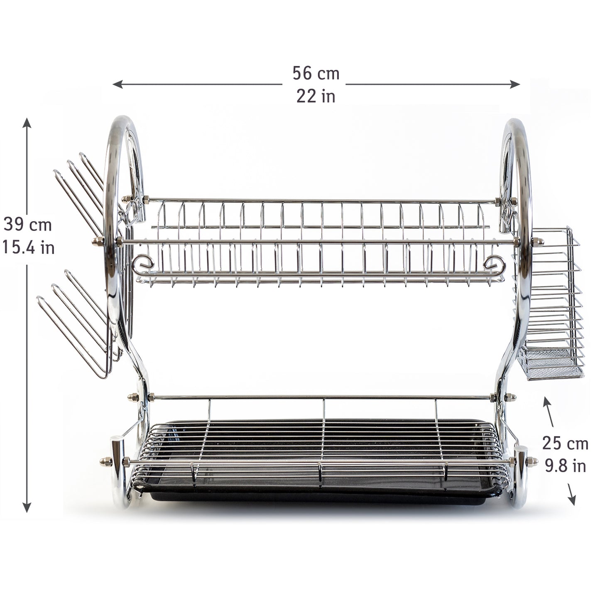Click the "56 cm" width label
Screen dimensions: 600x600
316,73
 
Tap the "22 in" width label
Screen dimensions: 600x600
316,96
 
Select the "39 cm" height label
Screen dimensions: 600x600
27,224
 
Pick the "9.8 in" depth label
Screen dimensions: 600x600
565,466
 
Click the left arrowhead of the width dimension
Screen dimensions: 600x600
117,84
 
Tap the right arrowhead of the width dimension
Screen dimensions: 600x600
515,84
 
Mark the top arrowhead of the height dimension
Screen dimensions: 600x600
27,122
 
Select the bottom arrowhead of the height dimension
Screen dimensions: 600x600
27,507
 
